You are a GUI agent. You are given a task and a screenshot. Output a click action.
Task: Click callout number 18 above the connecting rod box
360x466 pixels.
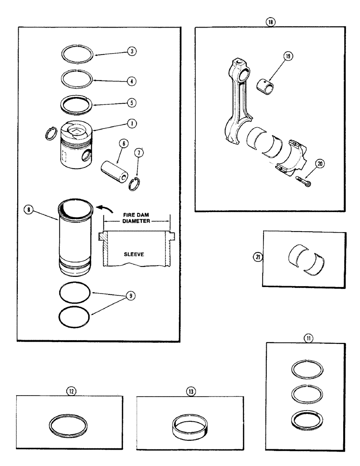point(270,21)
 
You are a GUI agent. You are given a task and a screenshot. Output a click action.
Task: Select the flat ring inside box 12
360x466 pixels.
point(69,425)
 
